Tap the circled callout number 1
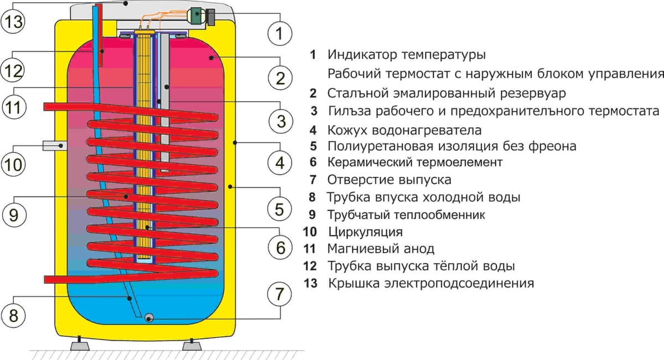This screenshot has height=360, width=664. pyautogui.click(x=279, y=33)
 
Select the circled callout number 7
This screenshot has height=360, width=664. pyautogui.click(x=279, y=294)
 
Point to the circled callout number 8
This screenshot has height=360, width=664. pyautogui.click(x=13, y=316)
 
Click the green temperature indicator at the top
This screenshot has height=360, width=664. pyautogui.click(x=196, y=15)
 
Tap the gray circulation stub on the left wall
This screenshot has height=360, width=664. pyautogui.click(x=55, y=145)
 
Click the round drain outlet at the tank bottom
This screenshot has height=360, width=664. pyautogui.click(x=149, y=317)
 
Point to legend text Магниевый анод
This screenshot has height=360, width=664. pyautogui.click(x=381, y=248)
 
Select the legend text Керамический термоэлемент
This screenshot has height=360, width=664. pyautogui.click(x=414, y=163)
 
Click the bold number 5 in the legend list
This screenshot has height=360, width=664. pyautogui.click(x=313, y=147)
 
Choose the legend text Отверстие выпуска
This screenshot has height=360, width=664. pyautogui.click(x=389, y=180)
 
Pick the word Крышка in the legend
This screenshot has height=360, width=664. pyautogui.click(x=349, y=283)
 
